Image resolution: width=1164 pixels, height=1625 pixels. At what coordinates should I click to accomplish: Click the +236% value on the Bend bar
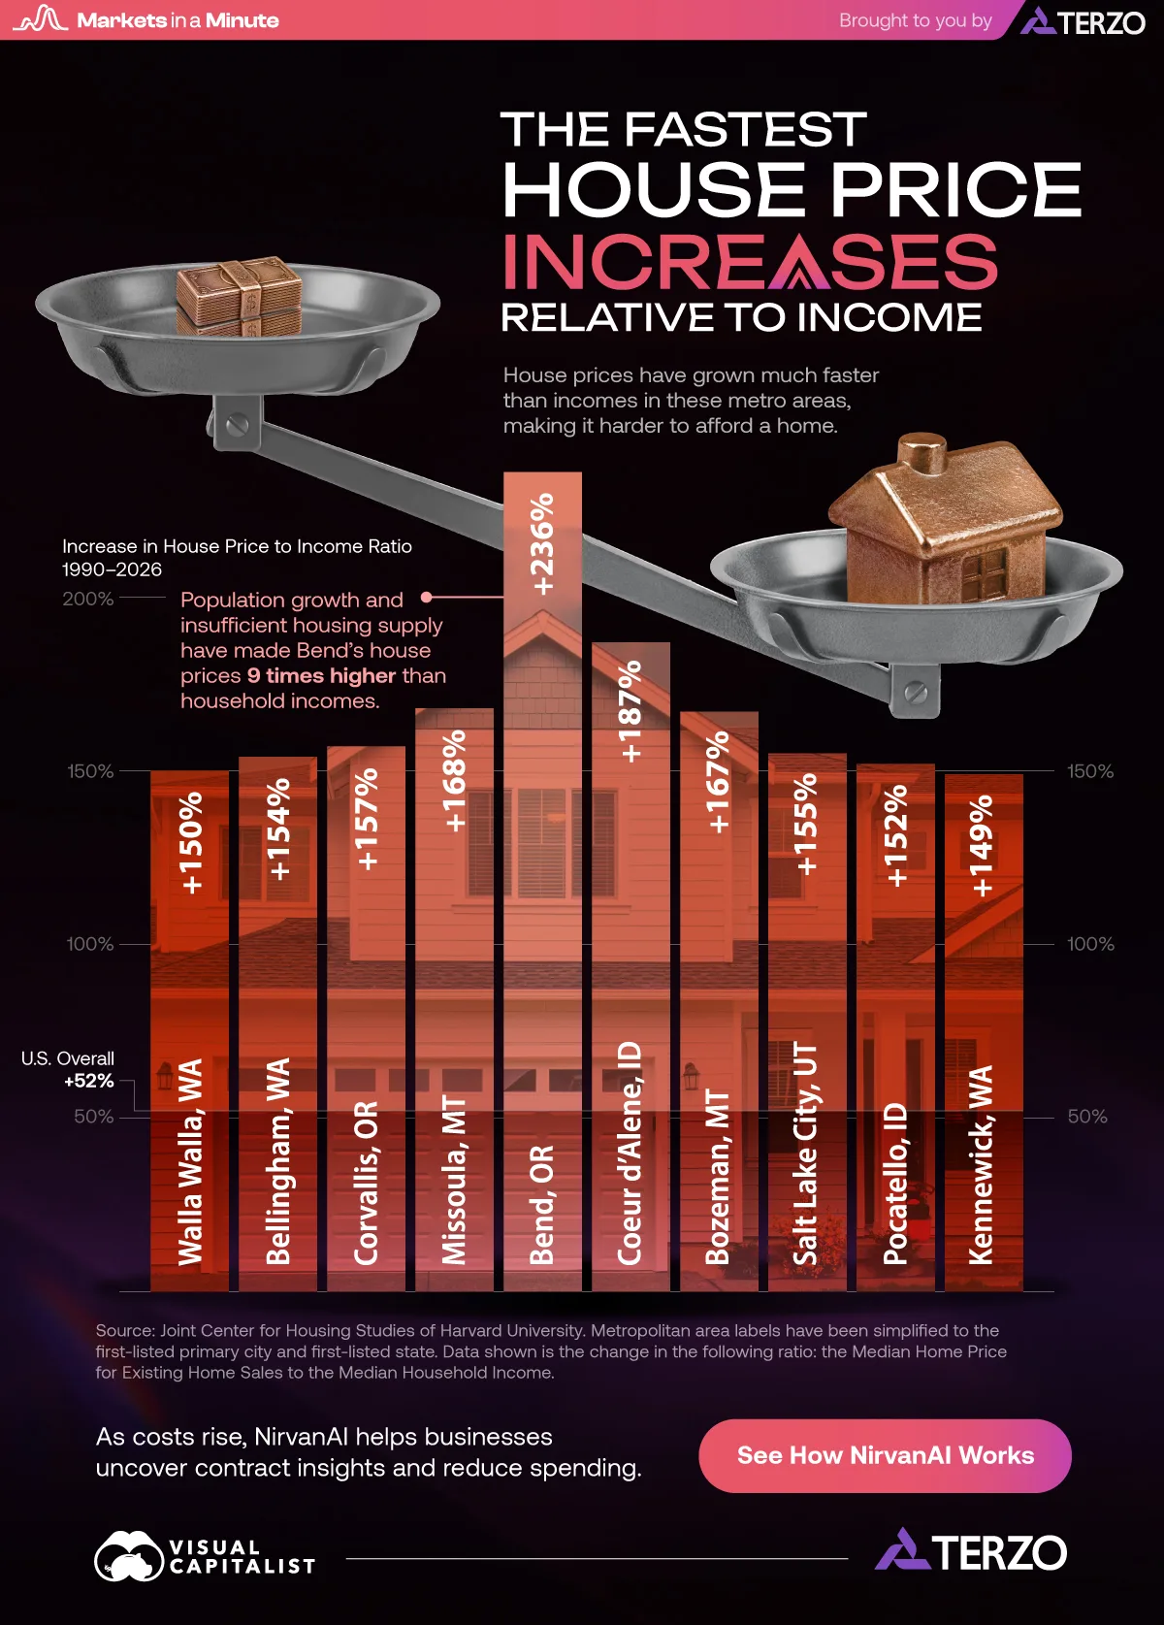(x=542, y=544)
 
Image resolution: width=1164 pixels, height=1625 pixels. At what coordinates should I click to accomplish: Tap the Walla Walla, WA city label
(x=190, y=1161)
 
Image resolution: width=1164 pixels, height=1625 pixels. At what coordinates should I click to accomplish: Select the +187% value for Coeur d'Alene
(x=630, y=711)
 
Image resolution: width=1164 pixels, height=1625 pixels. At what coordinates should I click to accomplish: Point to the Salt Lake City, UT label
(x=805, y=1154)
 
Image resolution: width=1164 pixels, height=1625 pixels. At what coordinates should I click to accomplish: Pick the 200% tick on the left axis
(x=87, y=599)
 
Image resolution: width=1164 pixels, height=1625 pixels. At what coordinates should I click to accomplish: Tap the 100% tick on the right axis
(x=1090, y=944)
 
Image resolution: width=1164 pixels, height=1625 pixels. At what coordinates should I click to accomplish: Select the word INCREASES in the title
(x=750, y=261)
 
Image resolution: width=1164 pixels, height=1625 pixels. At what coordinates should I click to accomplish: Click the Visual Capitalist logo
(x=205, y=1555)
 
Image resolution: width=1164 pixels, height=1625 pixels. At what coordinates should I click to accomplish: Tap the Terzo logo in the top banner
(x=1083, y=21)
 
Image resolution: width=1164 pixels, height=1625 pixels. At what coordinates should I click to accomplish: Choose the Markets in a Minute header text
(x=178, y=20)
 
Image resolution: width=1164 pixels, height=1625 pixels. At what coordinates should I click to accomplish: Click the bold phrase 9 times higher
(x=321, y=675)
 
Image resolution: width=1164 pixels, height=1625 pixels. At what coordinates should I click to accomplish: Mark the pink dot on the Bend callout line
(x=427, y=597)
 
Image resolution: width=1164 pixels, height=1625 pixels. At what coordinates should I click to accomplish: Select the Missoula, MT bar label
(x=454, y=1180)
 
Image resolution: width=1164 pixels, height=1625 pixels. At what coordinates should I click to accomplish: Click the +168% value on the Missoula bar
(x=455, y=780)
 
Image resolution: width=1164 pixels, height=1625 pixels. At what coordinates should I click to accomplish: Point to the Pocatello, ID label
(x=895, y=1184)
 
